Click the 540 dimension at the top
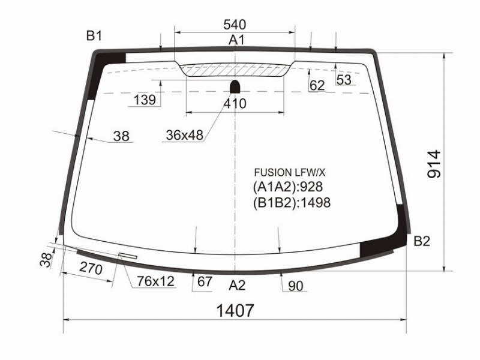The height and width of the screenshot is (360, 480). (x=235, y=25)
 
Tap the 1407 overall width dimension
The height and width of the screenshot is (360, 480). (x=235, y=310)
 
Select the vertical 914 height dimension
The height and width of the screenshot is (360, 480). (x=434, y=164)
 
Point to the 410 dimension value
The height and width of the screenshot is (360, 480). (x=235, y=104)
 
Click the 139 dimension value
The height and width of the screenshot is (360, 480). (x=145, y=100)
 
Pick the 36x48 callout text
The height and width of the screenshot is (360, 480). (x=185, y=135)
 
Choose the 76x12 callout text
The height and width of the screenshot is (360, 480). (x=155, y=281)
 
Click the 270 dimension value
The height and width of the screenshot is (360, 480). (x=91, y=268)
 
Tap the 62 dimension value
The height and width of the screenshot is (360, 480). (x=317, y=85)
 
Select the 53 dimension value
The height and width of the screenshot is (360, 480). (x=344, y=80)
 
